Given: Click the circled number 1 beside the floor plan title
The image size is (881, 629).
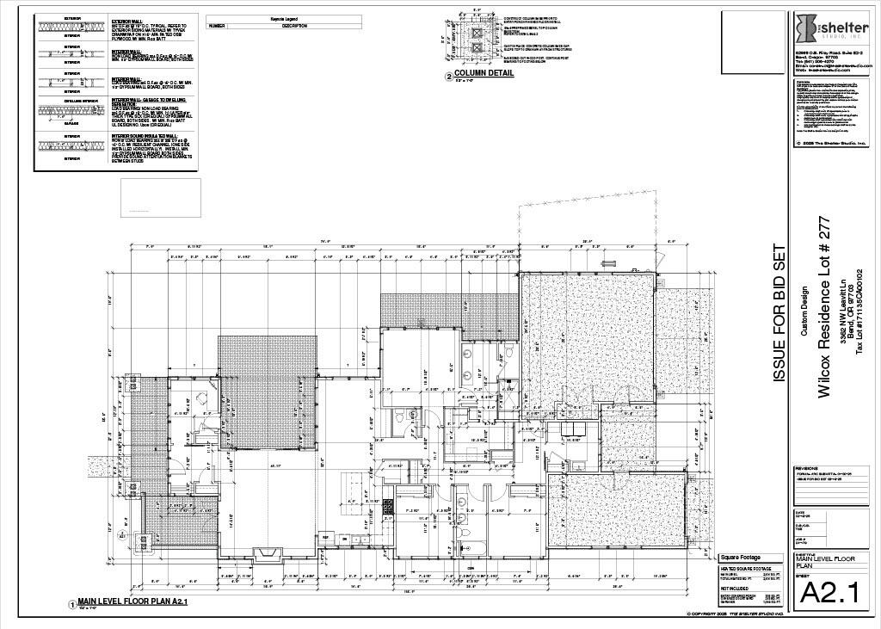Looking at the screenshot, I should coord(71,605).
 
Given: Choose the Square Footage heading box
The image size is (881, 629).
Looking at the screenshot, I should coord(739,557).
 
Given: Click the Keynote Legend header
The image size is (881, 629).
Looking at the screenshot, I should coord(283,17).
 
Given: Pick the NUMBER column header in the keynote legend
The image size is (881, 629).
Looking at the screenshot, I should coord(216,26).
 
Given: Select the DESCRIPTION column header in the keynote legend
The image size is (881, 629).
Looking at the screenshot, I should coord(293,26).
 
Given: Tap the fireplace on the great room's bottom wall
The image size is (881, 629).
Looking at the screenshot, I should coord(264,553).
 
